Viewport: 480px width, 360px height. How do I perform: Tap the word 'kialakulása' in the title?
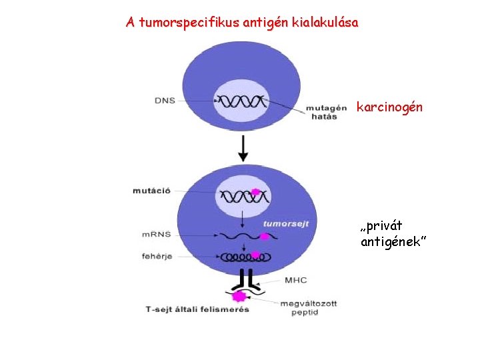(325, 23)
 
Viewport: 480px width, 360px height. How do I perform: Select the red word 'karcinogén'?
(389, 107)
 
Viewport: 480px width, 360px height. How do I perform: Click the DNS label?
(164, 101)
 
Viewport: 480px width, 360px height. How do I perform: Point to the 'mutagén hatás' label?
(327, 112)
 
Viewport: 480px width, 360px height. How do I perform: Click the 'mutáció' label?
(151, 191)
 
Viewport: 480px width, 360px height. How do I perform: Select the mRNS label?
(158, 235)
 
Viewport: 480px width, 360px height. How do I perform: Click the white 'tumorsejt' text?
(285, 224)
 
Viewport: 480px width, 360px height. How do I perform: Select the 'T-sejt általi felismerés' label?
(197, 309)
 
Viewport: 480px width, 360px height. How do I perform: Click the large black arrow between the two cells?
(243, 148)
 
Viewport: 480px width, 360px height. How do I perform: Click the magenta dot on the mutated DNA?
(255, 192)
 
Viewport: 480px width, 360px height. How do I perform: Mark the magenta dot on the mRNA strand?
(265, 236)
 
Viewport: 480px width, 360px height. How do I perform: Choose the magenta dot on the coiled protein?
(255, 254)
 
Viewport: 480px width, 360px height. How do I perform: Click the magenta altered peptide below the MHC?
(238, 296)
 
